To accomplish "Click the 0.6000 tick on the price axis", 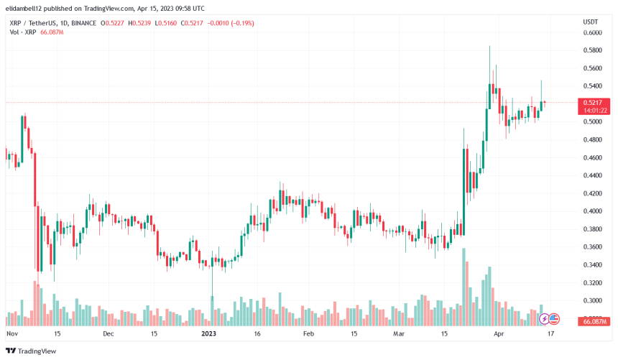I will pos(593,33).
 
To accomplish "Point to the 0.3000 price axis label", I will pos(593,300).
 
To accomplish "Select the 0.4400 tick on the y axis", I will pos(593,176).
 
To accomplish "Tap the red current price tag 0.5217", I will pos(594,103).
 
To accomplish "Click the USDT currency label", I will pos(591,22).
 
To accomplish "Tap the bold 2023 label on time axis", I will pos(209,334).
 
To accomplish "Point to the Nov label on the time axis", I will pos(11,334).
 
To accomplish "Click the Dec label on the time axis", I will pos(109,334).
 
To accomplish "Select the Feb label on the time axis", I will pos(308,334).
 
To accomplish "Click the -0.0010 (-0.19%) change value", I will pos(231,23).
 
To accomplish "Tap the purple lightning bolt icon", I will pos(544,318).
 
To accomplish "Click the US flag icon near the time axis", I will pos(553,318).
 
